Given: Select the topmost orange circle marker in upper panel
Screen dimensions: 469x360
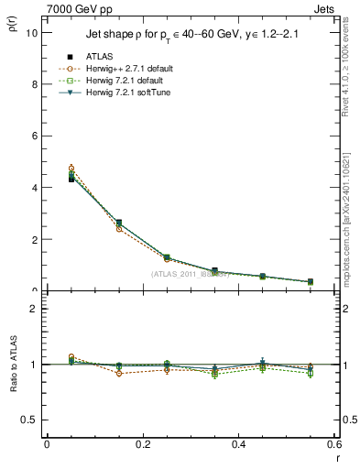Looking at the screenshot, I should pyautogui.click(x=71, y=169).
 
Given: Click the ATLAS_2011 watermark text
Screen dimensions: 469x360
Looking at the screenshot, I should pyautogui.click(x=190, y=274).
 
